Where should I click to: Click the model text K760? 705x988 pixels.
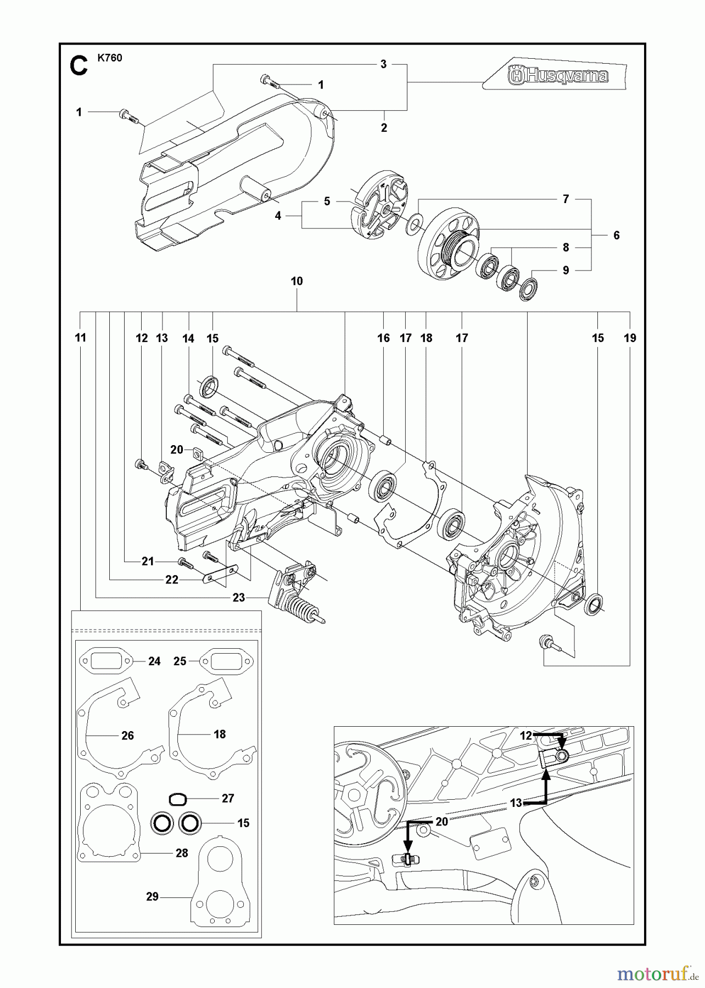pos(110,58)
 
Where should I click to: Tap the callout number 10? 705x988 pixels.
pos(296,281)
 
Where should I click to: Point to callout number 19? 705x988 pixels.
pos(630,338)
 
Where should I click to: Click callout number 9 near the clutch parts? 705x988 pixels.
pos(566,270)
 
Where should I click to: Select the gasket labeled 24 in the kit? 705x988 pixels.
pos(107,661)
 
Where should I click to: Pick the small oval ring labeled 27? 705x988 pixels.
pos(177,799)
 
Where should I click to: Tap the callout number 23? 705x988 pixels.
pos(238,597)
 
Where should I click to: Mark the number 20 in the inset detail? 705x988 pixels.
pos(441,822)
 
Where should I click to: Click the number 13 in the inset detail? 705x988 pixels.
pos(516,803)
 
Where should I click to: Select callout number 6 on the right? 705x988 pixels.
pos(616,235)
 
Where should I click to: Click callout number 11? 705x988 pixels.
pos(81,338)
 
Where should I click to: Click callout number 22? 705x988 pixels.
pos(172,580)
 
